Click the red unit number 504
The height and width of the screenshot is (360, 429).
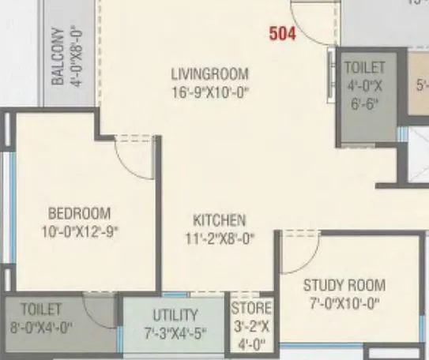click(284, 34)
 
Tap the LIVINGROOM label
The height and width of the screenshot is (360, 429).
click(209, 74)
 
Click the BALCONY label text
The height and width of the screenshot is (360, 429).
click(58, 56)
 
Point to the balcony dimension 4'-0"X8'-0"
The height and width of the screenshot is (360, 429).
click(77, 56)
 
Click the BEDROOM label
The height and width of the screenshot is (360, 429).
click(79, 213)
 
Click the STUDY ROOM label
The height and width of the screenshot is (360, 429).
click(344, 285)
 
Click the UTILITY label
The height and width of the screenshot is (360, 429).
click(175, 315)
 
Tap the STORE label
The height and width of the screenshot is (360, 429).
click(251, 308)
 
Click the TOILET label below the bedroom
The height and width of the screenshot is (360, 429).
click(41, 307)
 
